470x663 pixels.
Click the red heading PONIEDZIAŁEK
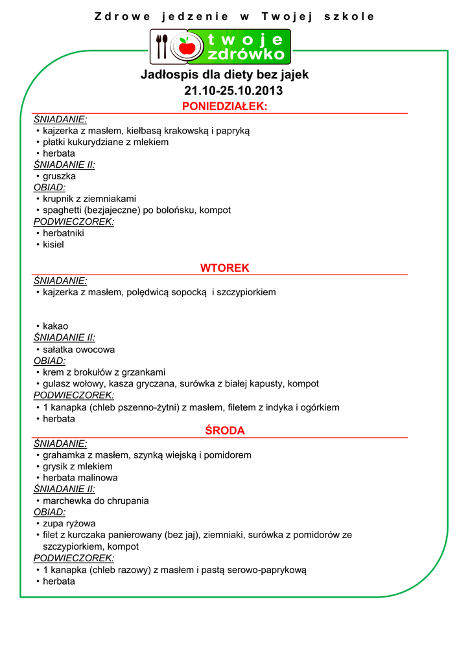click(224, 106)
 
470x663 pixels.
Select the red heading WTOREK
click(224, 268)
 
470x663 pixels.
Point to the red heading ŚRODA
click(224, 431)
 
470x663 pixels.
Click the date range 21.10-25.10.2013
click(224, 91)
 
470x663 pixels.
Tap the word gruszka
click(59, 176)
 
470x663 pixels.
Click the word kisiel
click(53, 245)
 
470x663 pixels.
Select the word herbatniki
click(64, 233)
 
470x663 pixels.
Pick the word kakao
click(55, 326)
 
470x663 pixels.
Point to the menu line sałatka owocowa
click(78, 350)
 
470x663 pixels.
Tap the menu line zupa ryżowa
click(69, 523)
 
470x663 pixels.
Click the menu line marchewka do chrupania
click(95, 500)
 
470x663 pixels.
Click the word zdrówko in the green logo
click(247, 54)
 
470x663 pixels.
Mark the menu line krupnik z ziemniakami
click(89, 199)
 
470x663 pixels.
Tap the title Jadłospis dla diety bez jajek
click(224, 74)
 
